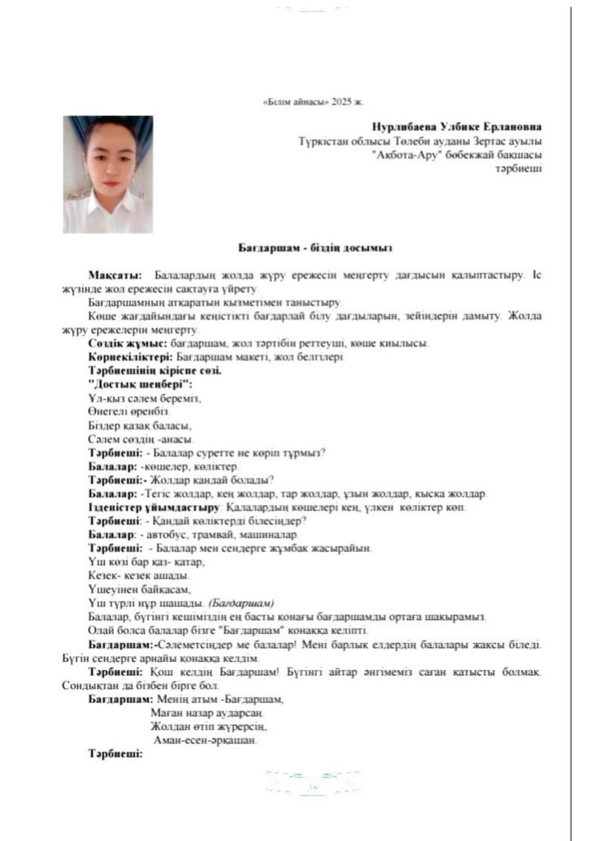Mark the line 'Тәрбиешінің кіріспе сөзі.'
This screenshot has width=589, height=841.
pos(154,370)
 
